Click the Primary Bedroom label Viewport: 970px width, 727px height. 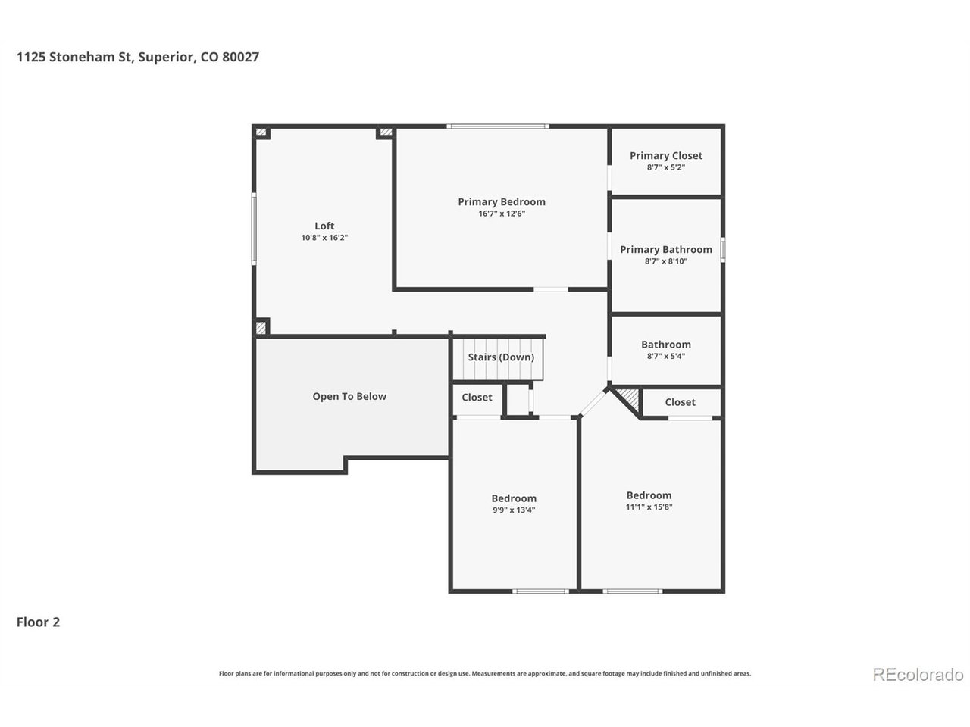(x=501, y=201)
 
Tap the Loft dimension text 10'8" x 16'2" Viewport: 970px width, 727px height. (x=324, y=238)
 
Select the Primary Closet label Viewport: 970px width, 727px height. (x=665, y=155)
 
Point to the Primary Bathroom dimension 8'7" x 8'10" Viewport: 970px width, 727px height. (x=665, y=261)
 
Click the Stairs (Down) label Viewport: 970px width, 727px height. (x=501, y=357)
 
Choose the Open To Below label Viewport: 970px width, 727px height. (x=349, y=396)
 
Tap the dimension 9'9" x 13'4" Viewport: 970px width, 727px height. (x=514, y=510)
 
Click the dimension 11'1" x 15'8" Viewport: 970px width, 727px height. (x=648, y=507)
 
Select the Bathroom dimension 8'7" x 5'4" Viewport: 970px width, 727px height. (x=665, y=356)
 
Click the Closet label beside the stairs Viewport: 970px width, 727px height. (x=477, y=398)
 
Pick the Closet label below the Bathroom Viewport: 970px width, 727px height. (x=680, y=402)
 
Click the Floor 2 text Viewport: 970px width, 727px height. (x=38, y=622)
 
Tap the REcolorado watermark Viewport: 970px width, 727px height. (x=918, y=674)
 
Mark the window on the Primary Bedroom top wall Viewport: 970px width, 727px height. (x=498, y=126)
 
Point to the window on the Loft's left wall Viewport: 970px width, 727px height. (x=254, y=229)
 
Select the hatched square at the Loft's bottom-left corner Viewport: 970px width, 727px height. (x=261, y=328)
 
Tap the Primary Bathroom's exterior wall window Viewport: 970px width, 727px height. (x=722, y=250)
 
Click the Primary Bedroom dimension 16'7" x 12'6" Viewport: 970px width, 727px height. (x=501, y=214)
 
